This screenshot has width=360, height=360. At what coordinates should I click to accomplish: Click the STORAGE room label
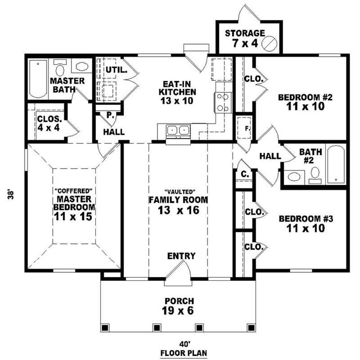[245, 33]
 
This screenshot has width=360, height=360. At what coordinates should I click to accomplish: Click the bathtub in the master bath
[38, 79]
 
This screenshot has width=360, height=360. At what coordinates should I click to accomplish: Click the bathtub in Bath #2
[336, 165]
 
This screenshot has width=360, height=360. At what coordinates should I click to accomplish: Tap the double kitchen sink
[178, 130]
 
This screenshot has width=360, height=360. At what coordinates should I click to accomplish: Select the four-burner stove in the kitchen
[223, 102]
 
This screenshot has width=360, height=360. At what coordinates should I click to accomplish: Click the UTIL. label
[116, 70]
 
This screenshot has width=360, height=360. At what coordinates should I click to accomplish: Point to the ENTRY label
[181, 256]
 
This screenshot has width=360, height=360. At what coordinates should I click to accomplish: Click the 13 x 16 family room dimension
[179, 210]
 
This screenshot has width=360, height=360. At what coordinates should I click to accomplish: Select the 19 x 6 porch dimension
[178, 311]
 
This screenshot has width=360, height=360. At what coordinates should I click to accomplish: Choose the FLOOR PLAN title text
[184, 353]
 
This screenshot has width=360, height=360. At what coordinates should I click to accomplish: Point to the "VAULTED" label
[180, 191]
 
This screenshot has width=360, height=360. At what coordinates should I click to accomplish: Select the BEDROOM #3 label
[306, 219]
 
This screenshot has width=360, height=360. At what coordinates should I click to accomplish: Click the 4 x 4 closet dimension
[49, 128]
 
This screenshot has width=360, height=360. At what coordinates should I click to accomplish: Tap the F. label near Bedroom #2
[248, 129]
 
